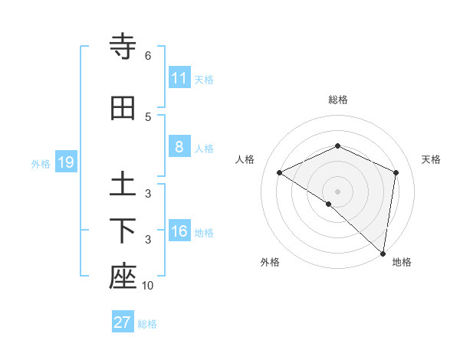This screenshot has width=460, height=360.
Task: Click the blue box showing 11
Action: click(179, 78)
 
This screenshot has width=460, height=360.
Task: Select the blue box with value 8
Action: click(179, 147)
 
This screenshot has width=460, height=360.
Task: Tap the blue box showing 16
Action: click(179, 232)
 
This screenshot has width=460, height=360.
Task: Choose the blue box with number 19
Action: click(65, 162)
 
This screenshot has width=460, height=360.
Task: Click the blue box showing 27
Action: click(122, 322)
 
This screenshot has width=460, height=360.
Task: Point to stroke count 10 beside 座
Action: click(148, 286)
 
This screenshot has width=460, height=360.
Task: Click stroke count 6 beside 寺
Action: click(148, 56)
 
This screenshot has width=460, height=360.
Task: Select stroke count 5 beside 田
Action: click(148, 117)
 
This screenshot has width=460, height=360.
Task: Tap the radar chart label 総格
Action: click(338, 100)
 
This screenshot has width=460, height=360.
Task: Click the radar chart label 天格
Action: click(431, 159)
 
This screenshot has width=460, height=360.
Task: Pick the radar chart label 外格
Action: click(270, 262)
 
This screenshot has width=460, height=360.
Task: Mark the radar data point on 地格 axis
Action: click(383, 254)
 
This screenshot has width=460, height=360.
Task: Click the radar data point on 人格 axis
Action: click(280, 172)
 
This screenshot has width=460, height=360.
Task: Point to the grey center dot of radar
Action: click(337, 191)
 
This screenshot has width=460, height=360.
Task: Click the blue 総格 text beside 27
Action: click(147, 324)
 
